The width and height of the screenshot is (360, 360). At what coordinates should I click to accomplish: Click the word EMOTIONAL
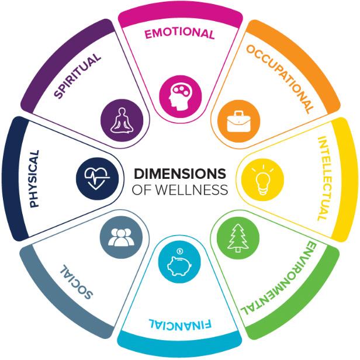pos(180,34)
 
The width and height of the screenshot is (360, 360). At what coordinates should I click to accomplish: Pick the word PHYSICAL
pos(33,178)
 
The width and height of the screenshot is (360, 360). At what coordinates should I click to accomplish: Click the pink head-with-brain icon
pos(179,92)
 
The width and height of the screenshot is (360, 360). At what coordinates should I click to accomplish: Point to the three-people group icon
pos(121,237)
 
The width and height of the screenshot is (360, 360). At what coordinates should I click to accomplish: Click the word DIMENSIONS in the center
pos(179,174)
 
